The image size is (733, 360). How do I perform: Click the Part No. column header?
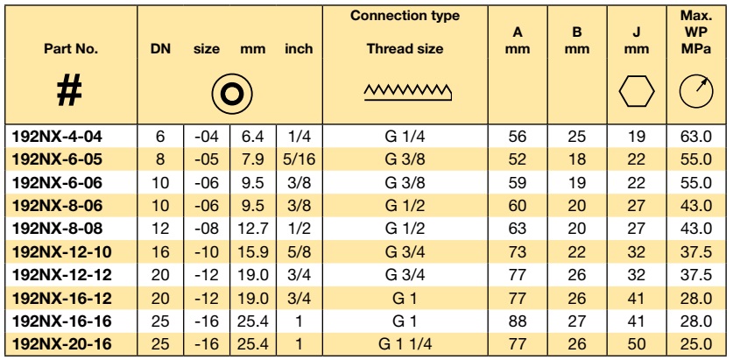click(71, 49)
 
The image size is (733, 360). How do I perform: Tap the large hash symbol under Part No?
click(69, 92)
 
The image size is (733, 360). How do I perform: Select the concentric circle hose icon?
click(231, 94)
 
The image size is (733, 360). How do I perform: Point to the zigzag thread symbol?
click(407, 93)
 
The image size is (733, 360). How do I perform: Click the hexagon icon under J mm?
click(637, 92)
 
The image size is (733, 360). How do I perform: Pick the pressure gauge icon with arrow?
click(696, 91)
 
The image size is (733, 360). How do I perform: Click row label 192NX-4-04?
click(57, 137)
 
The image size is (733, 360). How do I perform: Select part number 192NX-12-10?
click(62, 252)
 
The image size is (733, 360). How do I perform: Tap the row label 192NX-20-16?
click(62, 344)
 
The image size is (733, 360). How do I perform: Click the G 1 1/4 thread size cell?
click(405, 344)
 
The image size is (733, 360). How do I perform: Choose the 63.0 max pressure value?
click(696, 137)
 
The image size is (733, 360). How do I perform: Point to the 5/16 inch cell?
click(300, 159)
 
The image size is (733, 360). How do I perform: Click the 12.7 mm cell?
click(252, 229)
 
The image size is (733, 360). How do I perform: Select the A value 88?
click(518, 321)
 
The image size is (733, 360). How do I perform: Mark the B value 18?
click(577, 159)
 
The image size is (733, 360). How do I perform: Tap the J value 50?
click(637, 344)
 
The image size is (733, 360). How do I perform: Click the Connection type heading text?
click(405, 16)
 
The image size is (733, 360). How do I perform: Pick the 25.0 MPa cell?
click(696, 344)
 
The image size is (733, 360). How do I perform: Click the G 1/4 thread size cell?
click(405, 137)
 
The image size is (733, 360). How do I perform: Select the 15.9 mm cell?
click(252, 252)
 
